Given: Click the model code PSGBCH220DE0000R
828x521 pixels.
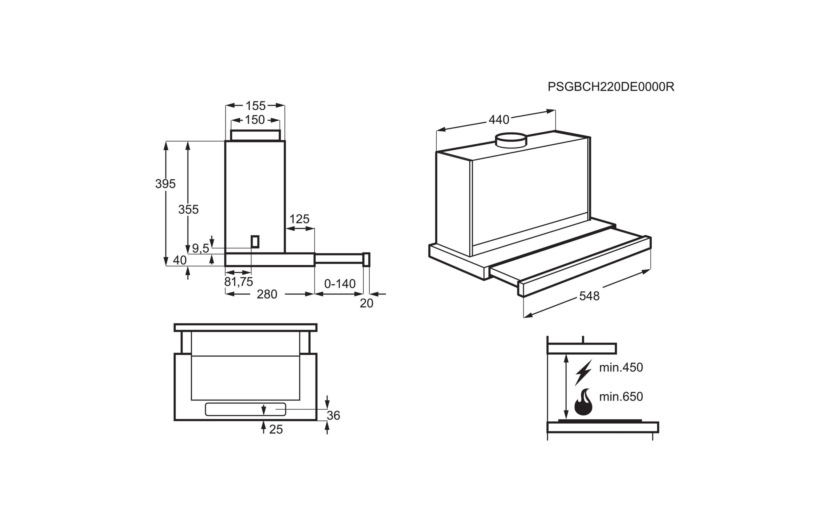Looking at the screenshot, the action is (x=611, y=87).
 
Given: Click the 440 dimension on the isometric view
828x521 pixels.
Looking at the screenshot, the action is (x=499, y=120).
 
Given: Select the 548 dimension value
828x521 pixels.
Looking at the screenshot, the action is (x=589, y=296).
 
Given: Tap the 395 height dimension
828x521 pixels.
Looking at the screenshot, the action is (x=165, y=184).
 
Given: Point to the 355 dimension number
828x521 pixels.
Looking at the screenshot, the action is (x=189, y=209).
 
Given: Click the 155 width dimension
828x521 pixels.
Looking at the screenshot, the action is (x=256, y=106).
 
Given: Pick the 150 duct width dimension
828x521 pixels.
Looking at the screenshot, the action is (x=255, y=120).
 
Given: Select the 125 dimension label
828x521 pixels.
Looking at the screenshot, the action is (x=299, y=219).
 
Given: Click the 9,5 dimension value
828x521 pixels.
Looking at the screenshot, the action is (x=200, y=248).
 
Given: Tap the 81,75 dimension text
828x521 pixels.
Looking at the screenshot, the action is (x=239, y=282).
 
